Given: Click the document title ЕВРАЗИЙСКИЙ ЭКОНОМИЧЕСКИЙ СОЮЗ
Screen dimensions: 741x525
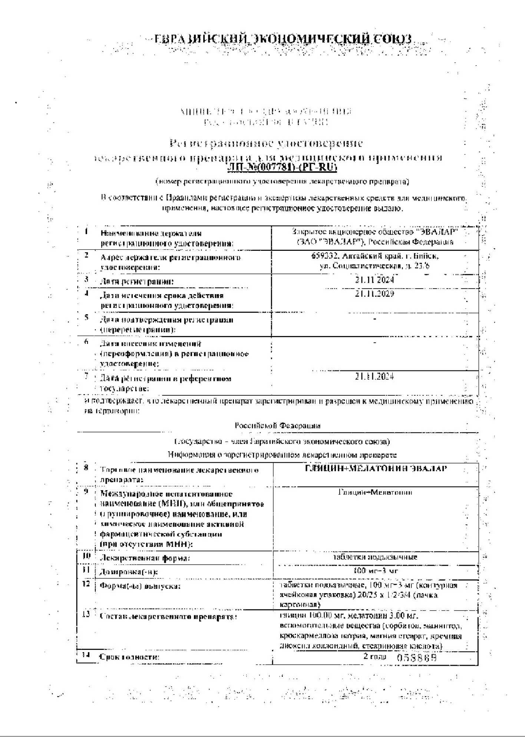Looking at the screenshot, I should tap(283, 40).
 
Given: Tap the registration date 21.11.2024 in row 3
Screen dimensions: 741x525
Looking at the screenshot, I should tap(374, 280).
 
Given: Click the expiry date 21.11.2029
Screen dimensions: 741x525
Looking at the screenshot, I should tap(374, 294).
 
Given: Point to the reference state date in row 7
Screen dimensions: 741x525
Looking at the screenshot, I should tap(374, 377).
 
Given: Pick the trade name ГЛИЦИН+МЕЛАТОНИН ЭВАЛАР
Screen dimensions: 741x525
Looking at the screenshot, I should tap(376, 468).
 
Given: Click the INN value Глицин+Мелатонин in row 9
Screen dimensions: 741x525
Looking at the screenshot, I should tap(375, 492).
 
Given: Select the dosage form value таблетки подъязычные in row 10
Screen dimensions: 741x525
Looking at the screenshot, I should tap(375, 557).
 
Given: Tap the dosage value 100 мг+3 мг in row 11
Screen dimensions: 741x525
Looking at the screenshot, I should tap(376, 571).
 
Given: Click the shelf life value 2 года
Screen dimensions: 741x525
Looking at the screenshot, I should tap(375, 657).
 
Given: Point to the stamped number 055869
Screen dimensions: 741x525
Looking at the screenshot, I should tap(417, 658).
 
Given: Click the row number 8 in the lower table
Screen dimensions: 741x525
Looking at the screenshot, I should tap(86, 468).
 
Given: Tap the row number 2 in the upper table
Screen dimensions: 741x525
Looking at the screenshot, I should tap(86, 255).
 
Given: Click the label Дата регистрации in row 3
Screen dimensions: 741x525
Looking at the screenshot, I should tap(137, 282).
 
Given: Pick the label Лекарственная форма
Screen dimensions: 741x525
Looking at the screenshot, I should tap(145, 558).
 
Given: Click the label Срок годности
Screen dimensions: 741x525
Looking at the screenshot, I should tap(129, 657).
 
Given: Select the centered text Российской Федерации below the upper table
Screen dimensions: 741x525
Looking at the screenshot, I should tap(277, 426).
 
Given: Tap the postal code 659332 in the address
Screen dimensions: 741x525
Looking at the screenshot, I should tap(325, 256).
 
